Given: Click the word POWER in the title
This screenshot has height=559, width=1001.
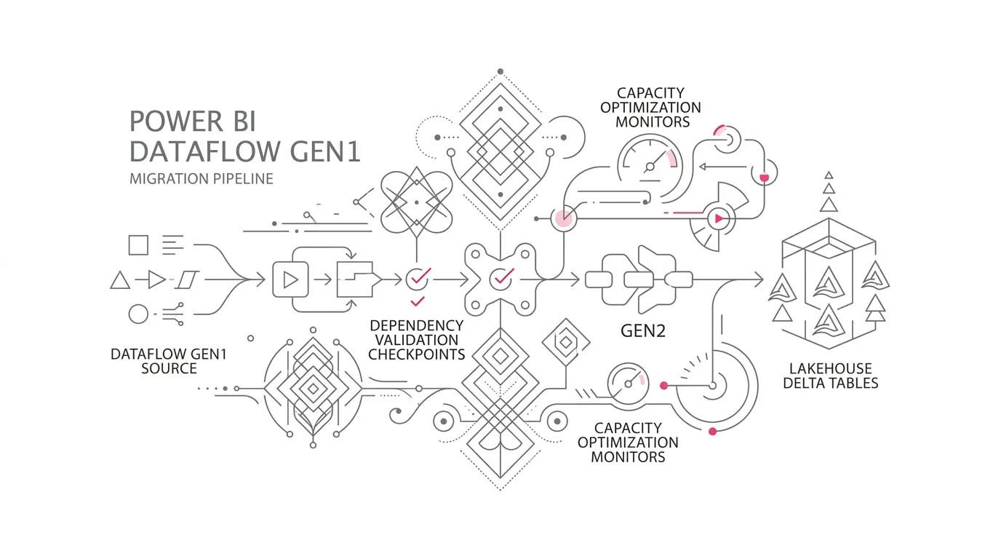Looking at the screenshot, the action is tap(175, 122).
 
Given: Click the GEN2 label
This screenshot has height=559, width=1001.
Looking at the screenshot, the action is tap(643, 331).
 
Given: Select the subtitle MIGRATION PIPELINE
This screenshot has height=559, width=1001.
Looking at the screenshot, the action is tap(201, 179).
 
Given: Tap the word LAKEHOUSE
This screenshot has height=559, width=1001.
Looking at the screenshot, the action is tap(830, 368).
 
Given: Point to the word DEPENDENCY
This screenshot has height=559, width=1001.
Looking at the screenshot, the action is tap(417, 325).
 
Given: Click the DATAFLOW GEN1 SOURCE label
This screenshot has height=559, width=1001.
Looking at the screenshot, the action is tap(169, 361).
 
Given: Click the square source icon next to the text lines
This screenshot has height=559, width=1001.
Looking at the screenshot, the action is tap(138, 245).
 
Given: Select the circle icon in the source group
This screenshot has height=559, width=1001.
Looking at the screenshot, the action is tap(138, 314).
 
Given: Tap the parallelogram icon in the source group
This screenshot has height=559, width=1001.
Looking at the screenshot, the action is tap(187, 280).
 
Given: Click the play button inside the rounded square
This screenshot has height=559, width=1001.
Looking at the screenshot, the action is tap(291, 280).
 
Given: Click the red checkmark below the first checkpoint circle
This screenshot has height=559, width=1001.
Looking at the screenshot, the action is tap(418, 301).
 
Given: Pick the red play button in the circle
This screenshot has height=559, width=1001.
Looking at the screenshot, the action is tap(719, 218).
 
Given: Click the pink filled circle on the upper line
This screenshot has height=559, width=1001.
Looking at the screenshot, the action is tap(563, 218).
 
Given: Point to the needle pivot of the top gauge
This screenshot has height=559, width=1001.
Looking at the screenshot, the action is tap(650, 167).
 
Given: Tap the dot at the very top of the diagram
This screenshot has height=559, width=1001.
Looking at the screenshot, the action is tap(500, 71).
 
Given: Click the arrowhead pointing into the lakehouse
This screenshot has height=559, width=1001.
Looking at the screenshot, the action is tap(759, 280).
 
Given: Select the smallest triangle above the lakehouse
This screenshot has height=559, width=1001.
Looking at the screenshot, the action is tap(829, 175).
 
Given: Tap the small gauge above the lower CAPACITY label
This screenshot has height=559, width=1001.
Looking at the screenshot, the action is tap(629, 384).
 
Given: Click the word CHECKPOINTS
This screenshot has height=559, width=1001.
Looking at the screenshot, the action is tap(417, 354).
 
